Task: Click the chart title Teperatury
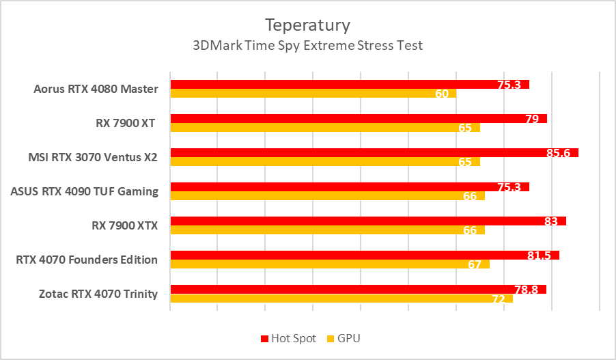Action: pos(307,25)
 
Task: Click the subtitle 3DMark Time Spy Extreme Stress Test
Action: pos(307,46)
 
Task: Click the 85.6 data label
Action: pos(558,153)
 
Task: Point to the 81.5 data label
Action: pos(539,255)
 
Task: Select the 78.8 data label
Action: pos(526,290)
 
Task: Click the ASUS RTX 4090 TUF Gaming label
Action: pos(85,191)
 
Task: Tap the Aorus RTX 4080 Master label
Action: pos(96,89)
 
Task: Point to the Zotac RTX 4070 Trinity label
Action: pos(98,294)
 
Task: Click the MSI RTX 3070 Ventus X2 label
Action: pos(93,157)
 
